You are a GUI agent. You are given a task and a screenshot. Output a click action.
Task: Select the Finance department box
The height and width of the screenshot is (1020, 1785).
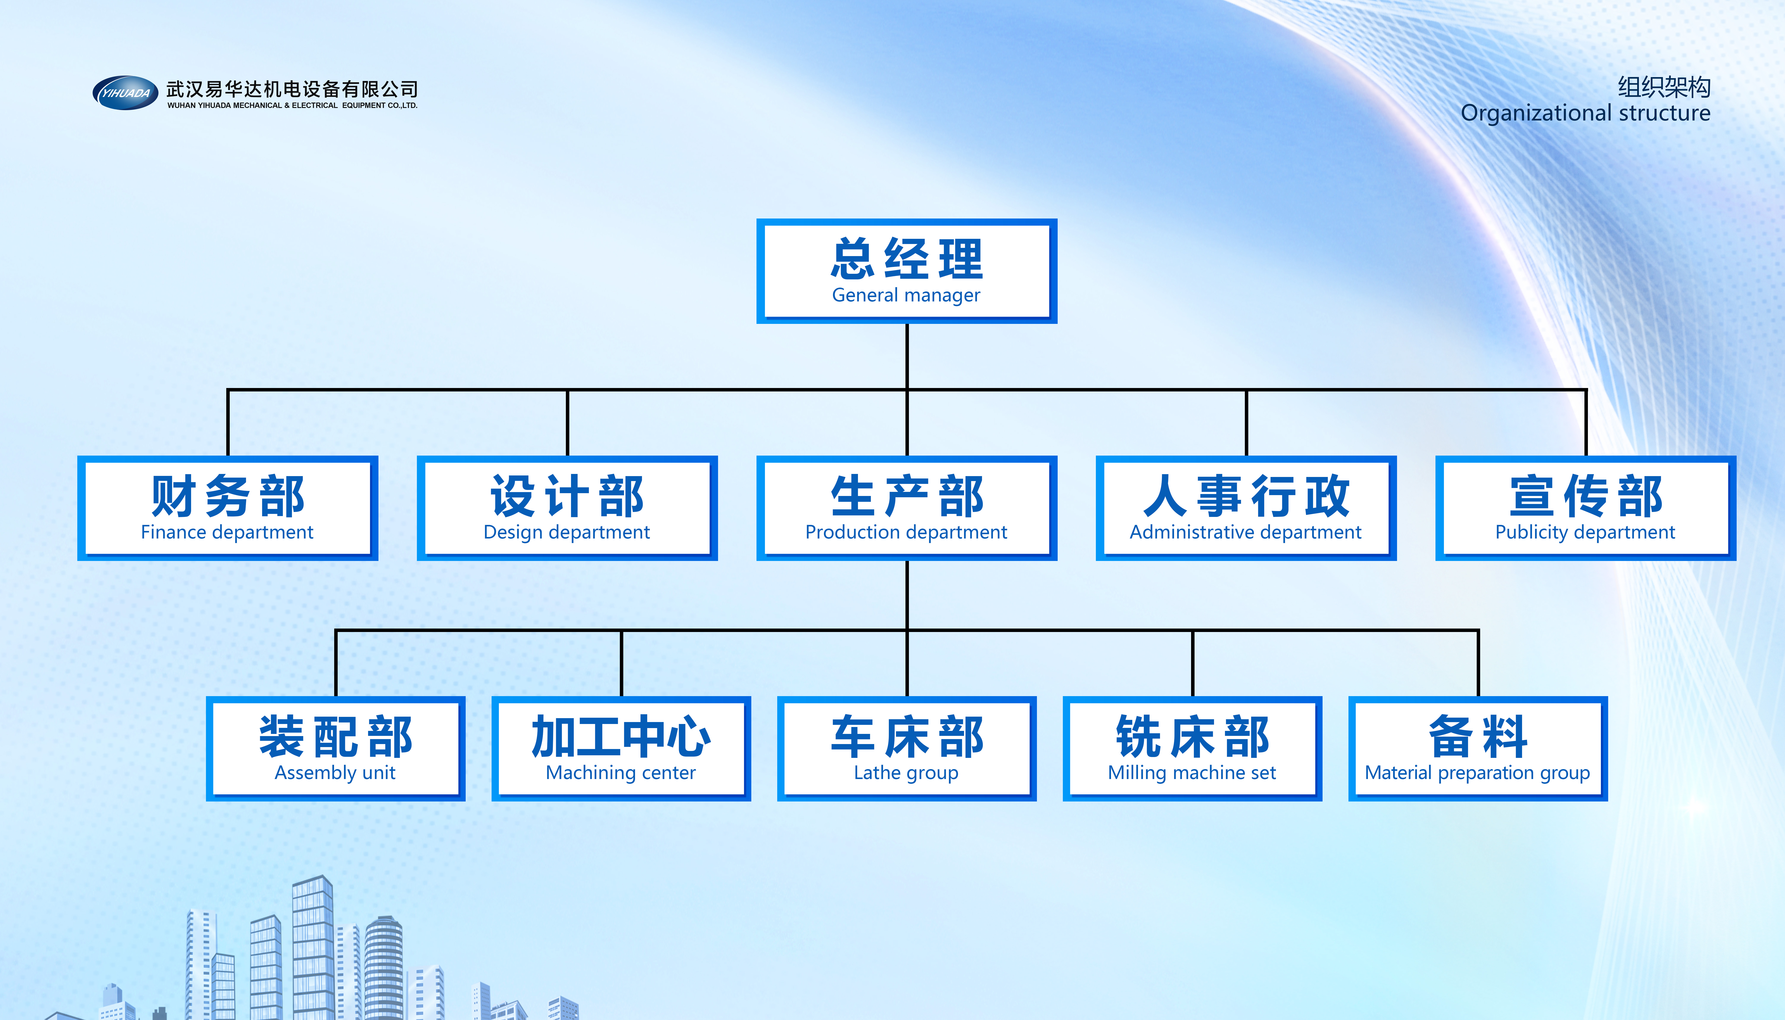point(228,508)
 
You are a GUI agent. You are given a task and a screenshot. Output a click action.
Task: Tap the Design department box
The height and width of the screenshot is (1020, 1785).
point(567,508)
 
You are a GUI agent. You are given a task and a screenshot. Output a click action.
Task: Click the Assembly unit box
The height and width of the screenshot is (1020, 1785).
point(335,748)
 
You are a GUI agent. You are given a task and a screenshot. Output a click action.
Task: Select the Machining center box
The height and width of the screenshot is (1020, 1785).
point(621,748)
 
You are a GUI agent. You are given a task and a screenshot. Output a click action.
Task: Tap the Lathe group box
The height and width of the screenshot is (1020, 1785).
point(907,748)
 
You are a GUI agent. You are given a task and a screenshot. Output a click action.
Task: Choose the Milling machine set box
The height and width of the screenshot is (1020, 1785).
point(1193,748)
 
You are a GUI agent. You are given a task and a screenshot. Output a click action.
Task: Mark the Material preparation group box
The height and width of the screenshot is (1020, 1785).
point(1478,748)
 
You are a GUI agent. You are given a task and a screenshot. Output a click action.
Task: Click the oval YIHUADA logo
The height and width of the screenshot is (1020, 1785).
point(125,92)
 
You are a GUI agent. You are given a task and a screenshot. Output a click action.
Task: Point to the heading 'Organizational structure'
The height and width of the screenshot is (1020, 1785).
point(1586,113)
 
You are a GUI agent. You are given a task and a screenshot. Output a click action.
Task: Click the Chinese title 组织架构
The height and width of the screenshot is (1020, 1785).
point(1664,87)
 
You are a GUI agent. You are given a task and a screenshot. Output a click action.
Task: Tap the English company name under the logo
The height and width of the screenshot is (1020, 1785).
point(292,105)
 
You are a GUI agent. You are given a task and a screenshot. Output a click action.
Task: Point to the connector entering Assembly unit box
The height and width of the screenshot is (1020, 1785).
point(336,663)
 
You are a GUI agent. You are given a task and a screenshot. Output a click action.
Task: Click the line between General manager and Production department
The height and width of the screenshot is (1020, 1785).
point(907,390)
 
